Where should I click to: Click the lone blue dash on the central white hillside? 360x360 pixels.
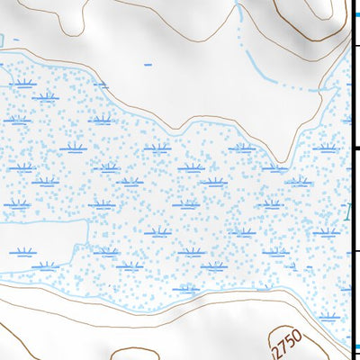click(x=148, y=66)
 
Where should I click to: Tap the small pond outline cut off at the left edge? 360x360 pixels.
click(x=4, y=39)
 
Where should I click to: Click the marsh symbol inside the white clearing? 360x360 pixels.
click(x=22, y=254)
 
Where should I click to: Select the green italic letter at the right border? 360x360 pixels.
click(x=350, y=212)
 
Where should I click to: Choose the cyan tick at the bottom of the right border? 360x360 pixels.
click(x=355, y=348)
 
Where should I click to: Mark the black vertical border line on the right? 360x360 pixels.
click(x=352, y=180)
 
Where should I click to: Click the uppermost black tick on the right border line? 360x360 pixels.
click(x=355, y=45)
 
